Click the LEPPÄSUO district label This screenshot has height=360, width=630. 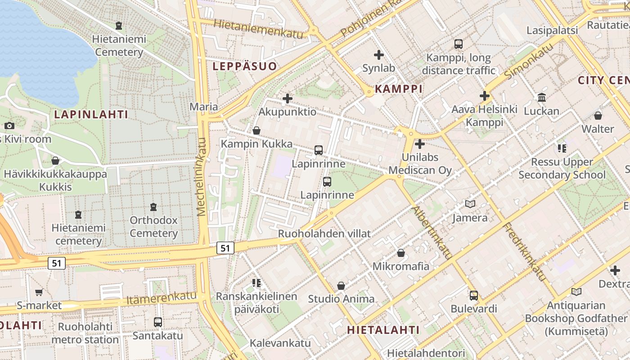[244, 67]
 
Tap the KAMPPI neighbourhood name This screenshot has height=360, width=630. [399, 89]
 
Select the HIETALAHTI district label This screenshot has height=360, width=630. [383, 330]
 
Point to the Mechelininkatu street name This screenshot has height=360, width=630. [202, 176]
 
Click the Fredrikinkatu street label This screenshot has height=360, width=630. [525, 252]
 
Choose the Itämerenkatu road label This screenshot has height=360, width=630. [162, 298]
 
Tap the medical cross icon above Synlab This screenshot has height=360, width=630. [379, 55]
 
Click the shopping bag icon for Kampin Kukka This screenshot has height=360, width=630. [256, 130]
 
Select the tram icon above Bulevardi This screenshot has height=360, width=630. [474, 296]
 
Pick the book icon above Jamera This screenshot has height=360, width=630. [470, 204]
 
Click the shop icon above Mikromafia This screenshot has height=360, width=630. [401, 253]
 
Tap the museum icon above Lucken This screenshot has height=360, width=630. [542, 98]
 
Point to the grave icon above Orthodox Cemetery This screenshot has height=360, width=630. [153, 207]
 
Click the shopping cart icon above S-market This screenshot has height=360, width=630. [39, 292]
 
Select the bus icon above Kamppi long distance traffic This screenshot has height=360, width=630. [459, 44]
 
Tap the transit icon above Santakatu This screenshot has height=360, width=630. [158, 322]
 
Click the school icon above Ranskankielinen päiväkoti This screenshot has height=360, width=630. [256, 283]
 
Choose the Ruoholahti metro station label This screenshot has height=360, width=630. [85, 333]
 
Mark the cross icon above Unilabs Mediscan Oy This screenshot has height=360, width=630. [420, 144]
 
